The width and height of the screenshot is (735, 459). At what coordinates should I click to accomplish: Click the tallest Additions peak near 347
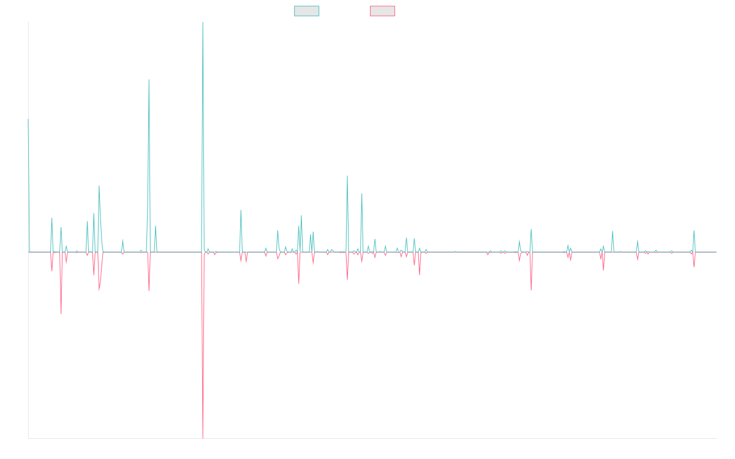203,24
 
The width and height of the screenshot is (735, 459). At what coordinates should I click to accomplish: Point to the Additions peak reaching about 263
149,80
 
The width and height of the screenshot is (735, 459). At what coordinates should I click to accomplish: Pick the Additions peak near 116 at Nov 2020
347,177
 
